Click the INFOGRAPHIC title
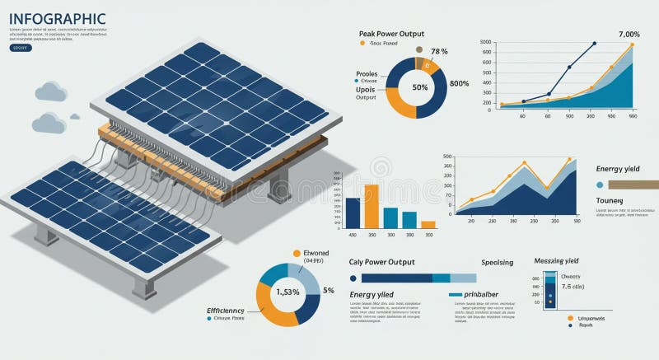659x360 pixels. [58, 18]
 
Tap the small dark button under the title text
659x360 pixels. [20, 48]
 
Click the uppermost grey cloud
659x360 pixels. [50, 91]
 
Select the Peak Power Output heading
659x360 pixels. [391, 34]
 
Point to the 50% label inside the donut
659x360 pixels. [420, 87]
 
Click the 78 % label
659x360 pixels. [439, 52]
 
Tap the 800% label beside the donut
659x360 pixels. [459, 83]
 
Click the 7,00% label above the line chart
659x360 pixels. [629, 35]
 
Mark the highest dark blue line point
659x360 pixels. [594, 44]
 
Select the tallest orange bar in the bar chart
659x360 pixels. [371, 206]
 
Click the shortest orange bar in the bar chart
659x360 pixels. [428, 224]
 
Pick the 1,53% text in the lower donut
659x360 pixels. [288, 292]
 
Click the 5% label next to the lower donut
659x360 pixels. [329, 290]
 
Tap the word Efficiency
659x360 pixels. [226, 311]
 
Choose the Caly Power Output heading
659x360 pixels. [381, 262]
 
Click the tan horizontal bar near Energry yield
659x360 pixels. [634, 185]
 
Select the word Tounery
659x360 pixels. [610, 201]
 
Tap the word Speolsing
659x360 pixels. [497, 262]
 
